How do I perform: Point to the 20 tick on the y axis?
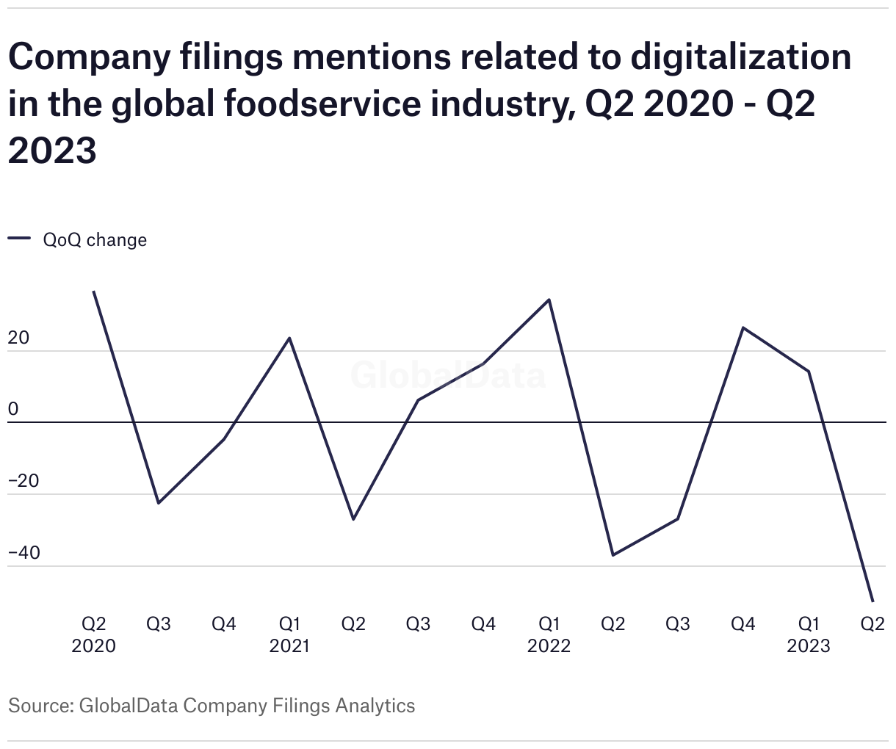pos(18,339)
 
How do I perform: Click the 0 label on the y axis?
pos(12,410)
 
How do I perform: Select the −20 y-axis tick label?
pos(24,482)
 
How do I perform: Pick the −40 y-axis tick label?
pos(24,553)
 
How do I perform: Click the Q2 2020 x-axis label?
pos(94,634)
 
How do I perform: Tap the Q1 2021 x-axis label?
pos(289,634)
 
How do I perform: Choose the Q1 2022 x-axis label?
pos(549,634)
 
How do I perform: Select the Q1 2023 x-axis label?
pos(809,634)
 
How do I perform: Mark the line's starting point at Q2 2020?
pos(94,292)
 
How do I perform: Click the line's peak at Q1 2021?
pos(289,338)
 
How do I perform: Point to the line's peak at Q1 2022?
pos(549,300)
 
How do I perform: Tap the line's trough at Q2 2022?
pos(613,555)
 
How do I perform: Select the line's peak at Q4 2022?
pos(743,328)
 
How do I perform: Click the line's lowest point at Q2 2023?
pos(872,601)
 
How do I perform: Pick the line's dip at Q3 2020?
pos(159,503)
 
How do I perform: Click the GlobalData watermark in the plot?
pos(448,375)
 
